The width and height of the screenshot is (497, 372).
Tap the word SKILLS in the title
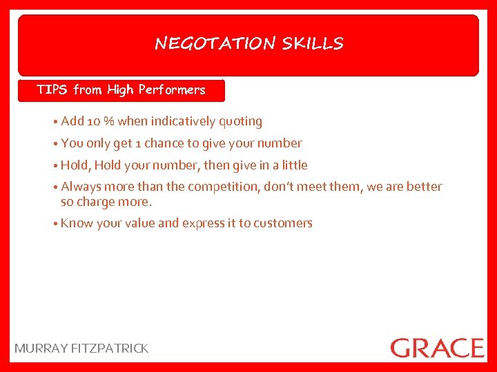pos(313,44)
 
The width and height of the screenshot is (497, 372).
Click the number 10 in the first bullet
pos(94,122)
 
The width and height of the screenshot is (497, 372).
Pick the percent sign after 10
pos(109,122)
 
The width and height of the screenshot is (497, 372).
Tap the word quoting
pos(240,122)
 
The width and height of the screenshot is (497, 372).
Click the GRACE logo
pos(437,347)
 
